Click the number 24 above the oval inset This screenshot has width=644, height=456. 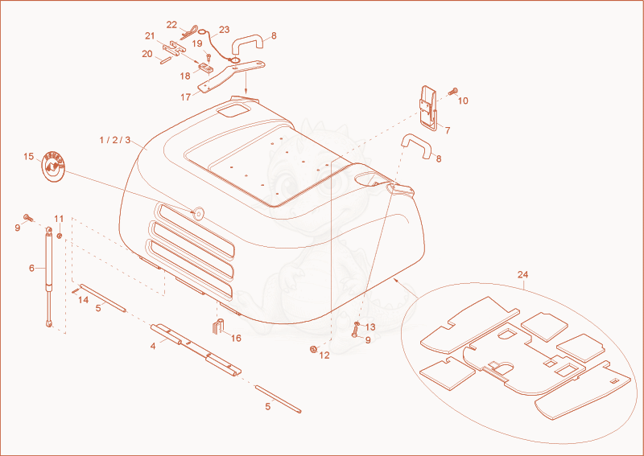(x=522, y=274)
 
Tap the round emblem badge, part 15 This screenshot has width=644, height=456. (x=54, y=167)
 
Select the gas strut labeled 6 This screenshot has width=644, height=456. (x=49, y=277)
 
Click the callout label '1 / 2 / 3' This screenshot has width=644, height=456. (x=114, y=141)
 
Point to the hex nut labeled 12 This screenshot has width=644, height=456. (x=312, y=349)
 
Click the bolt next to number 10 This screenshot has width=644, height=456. (x=453, y=91)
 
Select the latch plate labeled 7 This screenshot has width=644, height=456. (x=428, y=108)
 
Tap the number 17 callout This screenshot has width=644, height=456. (x=186, y=97)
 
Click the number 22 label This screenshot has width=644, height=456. (x=171, y=25)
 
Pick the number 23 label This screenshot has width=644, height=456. (x=225, y=30)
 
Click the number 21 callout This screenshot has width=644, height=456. (x=150, y=36)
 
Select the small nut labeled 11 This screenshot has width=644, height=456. (x=59, y=236)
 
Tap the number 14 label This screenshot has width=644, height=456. (x=84, y=300)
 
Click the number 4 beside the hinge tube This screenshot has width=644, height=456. (x=153, y=347)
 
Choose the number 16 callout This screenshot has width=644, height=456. (x=236, y=339)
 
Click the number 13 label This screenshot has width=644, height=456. (x=370, y=327)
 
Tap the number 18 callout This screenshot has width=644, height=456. (x=185, y=76)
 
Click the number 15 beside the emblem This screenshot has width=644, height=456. (x=28, y=157)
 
